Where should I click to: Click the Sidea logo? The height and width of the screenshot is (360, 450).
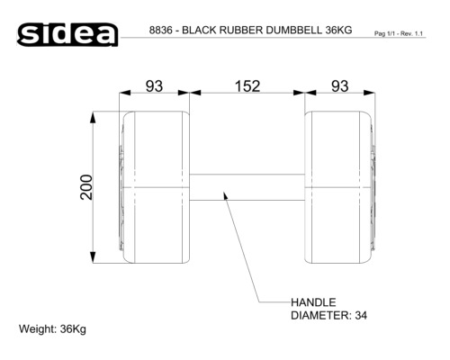coord(67,34)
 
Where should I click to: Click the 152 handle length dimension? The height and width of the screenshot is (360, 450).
coord(247,86)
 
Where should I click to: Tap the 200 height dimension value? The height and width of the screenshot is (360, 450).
coord(86,187)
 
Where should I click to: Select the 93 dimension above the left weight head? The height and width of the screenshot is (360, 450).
coord(154,86)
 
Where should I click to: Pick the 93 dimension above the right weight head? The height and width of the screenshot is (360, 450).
coord(339,86)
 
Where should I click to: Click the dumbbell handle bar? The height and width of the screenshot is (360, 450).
coord(247,187)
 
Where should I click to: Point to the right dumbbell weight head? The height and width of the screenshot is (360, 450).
coord(340,187)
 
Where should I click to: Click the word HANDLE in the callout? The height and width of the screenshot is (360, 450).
coord(313,302)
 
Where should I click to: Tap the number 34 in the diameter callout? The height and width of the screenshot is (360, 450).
coord(361,316)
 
